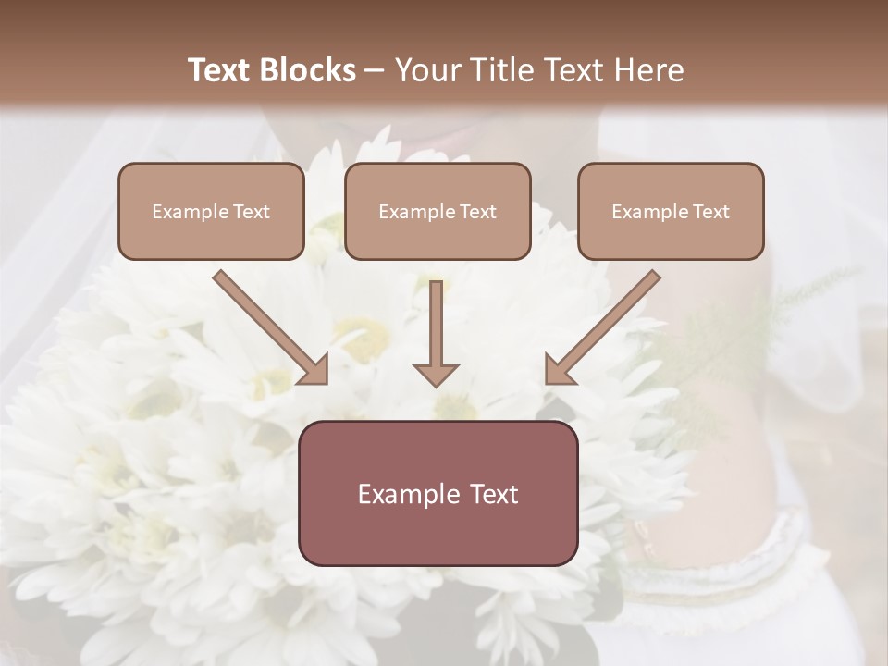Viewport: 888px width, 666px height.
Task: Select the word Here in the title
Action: click(645, 70)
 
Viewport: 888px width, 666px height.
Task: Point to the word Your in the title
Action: click(427, 70)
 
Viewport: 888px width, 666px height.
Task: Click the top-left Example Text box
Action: click(211, 212)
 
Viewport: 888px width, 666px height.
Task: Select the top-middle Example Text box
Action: click(438, 212)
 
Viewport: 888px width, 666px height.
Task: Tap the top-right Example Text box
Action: click(671, 212)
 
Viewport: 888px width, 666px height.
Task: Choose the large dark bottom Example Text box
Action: click(438, 493)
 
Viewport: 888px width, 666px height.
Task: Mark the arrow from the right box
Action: click(606, 324)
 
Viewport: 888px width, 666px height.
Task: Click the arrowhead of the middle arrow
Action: click(436, 374)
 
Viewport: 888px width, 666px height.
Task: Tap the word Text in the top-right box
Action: click(710, 212)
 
